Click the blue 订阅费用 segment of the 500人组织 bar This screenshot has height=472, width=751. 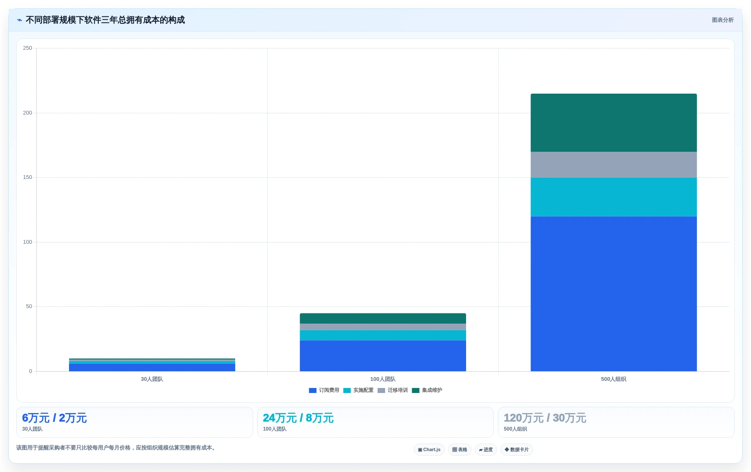[613, 293]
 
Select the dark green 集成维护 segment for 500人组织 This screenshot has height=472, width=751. [613, 122]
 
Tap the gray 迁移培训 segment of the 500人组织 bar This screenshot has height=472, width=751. [613, 165]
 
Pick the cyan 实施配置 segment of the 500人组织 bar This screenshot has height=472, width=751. [613, 197]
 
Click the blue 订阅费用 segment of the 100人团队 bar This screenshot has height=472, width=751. [383, 356]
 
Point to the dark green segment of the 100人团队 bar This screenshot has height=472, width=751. [383, 318]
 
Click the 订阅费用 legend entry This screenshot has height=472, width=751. [324, 390]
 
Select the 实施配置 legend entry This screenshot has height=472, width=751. [359, 390]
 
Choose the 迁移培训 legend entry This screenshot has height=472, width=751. [393, 390]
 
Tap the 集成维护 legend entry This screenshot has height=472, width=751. [427, 390]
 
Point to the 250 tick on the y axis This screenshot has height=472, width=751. [28, 48]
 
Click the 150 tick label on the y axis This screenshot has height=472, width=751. [28, 177]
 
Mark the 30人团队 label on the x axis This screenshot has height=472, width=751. [152, 379]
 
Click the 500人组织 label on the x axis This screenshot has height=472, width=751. [613, 379]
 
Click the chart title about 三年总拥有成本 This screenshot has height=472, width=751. [105, 20]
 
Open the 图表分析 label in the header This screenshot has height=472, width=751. [723, 20]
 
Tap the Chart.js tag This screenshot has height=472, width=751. [429, 450]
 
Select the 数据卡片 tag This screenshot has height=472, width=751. [517, 450]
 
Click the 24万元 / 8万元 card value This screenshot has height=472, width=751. [298, 418]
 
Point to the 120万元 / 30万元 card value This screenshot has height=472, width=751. [545, 418]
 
